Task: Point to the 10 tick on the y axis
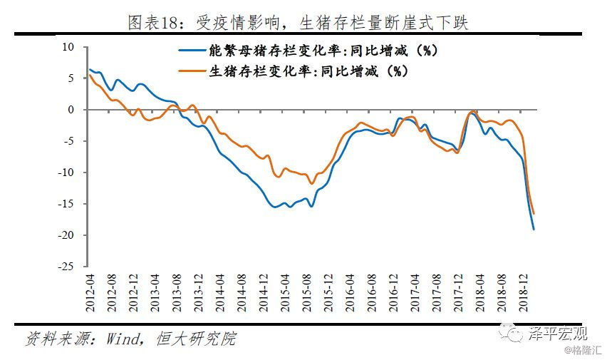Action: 69,47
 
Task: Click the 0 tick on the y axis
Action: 71,110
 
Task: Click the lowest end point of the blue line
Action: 534,229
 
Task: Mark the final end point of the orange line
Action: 534,214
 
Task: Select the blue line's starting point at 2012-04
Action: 90,69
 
